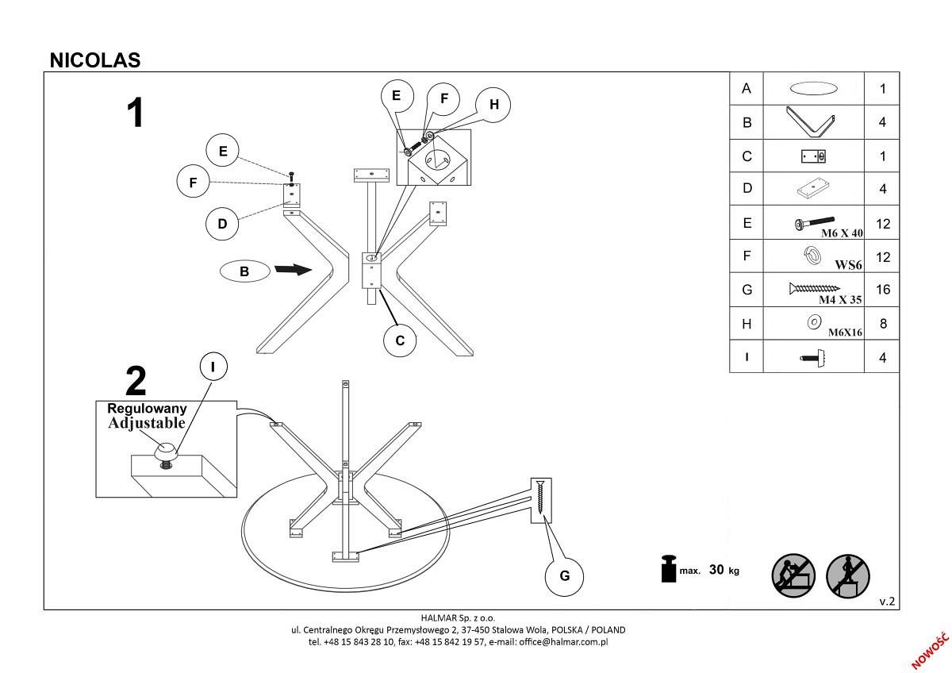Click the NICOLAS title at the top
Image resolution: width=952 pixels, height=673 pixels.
[x=95, y=60]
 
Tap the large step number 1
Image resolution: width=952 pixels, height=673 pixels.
[x=136, y=113]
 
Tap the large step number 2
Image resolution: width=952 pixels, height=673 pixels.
[x=136, y=382]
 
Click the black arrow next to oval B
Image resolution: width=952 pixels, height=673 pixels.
[x=293, y=271]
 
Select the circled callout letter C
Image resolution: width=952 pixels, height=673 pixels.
[x=400, y=340]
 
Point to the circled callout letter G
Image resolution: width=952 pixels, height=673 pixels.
[x=565, y=575]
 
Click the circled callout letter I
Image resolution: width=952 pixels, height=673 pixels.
[x=213, y=367]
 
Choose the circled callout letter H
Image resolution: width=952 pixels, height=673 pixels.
[x=493, y=105]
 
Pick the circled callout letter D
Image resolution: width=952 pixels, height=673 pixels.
[x=222, y=224]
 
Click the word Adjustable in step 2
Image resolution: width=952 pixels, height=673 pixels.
[x=147, y=423]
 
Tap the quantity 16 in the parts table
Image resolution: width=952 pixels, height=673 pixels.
[x=882, y=290]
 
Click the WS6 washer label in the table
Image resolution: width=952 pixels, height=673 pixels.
[x=848, y=265]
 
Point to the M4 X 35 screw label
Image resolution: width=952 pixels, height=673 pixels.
[x=840, y=300]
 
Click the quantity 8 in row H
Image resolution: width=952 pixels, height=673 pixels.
[x=882, y=324]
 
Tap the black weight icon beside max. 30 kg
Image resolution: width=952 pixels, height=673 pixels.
[x=668, y=569]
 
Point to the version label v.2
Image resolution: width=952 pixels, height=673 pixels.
[x=887, y=602]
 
